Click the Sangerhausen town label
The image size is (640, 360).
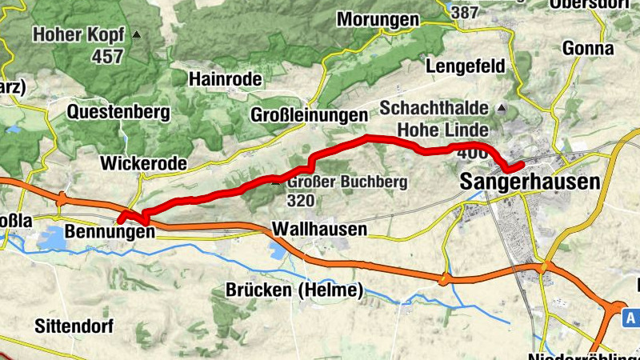point(530,182)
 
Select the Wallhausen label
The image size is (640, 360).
point(319,230)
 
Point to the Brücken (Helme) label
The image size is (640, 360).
point(294,289)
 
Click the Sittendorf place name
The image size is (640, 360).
point(74,326)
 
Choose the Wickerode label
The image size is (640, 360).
point(143,163)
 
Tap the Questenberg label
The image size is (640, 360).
point(118,112)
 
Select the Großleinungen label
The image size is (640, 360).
point(309,114)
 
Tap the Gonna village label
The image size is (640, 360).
point(588,48)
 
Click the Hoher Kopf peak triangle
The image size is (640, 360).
point(137,35)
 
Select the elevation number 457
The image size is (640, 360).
point(107,56)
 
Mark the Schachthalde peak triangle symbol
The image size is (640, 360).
point(502,108)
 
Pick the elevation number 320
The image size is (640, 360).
point(301,200)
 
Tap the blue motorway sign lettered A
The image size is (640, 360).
point(632,318)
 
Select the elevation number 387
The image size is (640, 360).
point(465,13)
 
